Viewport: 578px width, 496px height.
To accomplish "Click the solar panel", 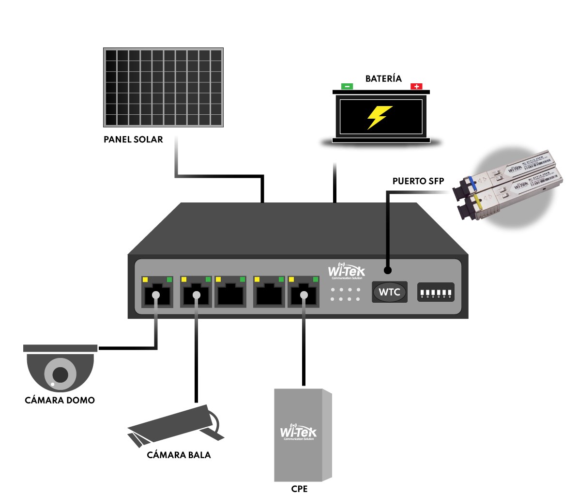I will (x=163, y=88).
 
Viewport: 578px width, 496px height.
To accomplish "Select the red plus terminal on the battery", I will (x=416, y=86).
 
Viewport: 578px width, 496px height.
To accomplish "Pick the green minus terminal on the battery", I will (x=347, y=86).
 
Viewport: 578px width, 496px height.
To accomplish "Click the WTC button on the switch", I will (x=389, y=292).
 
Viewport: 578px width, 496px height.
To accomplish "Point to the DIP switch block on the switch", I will (x=436, y=292).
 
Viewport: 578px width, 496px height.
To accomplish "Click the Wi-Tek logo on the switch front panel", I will (x=347, y=271).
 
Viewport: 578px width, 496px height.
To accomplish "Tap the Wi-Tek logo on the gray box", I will (x=298, y=432).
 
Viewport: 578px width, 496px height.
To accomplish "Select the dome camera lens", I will (x=60, y=374).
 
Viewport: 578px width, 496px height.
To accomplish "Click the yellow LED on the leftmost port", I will (x=145, y=279).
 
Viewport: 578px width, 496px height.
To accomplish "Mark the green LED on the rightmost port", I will (x=316, y=279).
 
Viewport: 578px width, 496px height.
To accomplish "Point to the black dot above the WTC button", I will (x=387, y=270).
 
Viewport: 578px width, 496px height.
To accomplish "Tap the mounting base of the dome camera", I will (x=61, y=348).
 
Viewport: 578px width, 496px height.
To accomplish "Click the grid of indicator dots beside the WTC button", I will (x=345, y=294).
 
